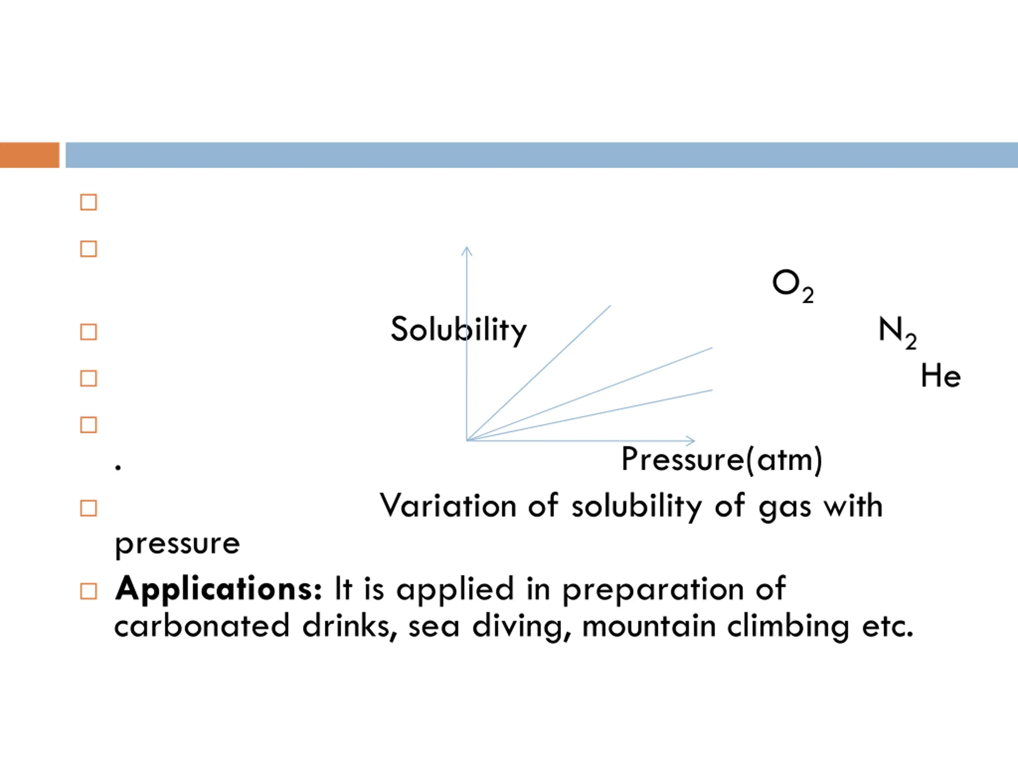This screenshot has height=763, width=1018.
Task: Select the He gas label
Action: click(x=940, y=376)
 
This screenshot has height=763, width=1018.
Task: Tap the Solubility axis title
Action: click(x=458, y=330)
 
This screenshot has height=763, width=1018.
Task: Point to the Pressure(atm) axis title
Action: click(x=721, y=459)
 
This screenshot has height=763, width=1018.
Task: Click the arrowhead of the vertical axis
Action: click(x=467, y=250)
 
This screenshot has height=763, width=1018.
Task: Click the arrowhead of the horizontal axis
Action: click(x=691, y=441)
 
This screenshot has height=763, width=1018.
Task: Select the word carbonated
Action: click(x=202, y=626)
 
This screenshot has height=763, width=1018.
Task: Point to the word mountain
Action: click(x=649, y=626)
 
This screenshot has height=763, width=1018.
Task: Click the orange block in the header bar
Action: click(x=29, y=155)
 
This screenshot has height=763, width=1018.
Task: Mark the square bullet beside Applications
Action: click(x=88, y=591)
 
